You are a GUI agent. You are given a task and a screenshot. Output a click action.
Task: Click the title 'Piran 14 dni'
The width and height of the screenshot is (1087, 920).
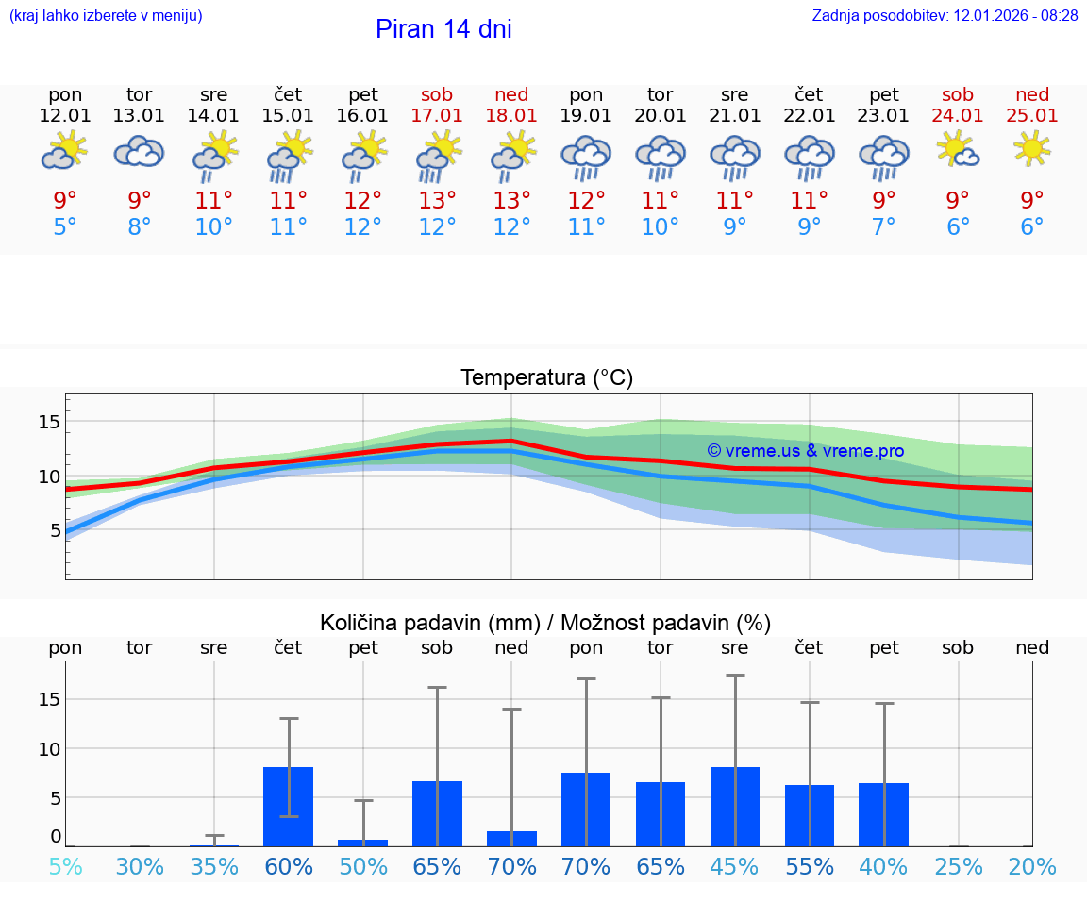[443, 29]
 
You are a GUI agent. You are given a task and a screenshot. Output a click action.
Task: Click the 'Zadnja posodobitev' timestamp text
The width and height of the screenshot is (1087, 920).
[945, 16]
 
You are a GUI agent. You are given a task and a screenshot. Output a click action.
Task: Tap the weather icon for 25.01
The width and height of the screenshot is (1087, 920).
[1032, 149]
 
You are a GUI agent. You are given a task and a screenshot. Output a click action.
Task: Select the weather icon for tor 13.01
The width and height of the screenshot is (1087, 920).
[139, 151]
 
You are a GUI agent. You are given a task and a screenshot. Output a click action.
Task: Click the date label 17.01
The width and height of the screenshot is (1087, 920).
[437, 115]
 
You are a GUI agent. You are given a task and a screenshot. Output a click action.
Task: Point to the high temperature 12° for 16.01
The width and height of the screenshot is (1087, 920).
[363, 200]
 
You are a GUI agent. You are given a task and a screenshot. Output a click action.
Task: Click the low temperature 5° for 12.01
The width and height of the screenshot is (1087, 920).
[65, 227]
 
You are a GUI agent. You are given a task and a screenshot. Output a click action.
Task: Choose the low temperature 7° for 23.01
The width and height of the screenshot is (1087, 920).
[884, 227]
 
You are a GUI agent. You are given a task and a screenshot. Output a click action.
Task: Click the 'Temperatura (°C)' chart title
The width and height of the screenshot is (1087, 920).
[546, 378]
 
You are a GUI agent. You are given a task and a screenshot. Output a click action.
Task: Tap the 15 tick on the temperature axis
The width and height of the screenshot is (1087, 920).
[49, 421]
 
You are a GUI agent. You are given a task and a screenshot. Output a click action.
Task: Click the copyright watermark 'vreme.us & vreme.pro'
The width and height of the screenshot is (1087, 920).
[805, 451]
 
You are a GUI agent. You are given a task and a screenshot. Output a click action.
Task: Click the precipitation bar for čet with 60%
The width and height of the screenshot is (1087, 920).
[289, 807]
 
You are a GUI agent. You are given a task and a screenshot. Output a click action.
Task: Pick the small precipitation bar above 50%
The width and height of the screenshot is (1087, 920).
[363, 843]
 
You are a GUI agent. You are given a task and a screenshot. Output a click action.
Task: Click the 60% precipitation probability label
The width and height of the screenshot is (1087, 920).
[289, 867]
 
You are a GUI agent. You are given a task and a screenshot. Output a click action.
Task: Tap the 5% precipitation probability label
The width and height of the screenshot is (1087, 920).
[65, 867]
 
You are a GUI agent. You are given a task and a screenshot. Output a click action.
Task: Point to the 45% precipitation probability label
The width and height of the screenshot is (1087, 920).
[735, 867]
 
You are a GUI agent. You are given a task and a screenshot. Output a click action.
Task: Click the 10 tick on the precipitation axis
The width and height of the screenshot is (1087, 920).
[49, 748]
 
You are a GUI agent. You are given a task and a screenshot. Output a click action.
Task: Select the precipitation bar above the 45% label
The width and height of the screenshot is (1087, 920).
[735, 807]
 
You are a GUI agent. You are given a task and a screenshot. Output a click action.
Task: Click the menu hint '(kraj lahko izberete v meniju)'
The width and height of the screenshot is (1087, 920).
[106, 16]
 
